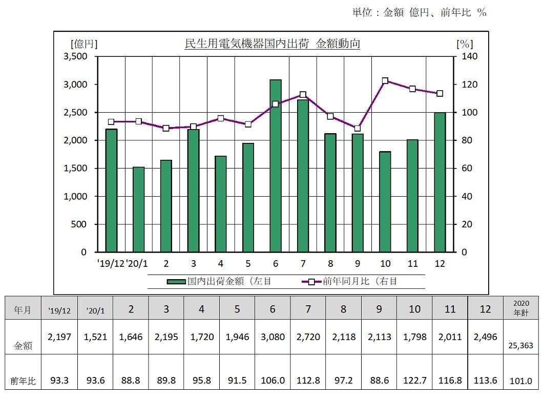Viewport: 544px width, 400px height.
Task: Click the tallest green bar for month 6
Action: [x=276, y=166]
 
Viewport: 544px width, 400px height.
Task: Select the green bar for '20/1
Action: [x=138, y=209]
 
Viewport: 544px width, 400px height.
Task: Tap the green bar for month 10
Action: [x=385, y=202]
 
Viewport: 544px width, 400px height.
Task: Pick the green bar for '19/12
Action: [x=111, y=191]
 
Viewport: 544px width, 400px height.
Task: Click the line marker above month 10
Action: [x=385, y=81]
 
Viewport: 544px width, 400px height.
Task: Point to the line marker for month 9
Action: [x=358, y=128]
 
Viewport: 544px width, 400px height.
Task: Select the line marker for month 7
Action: [x=303, y=95]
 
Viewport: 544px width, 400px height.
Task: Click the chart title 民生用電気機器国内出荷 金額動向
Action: [x=272, y=44]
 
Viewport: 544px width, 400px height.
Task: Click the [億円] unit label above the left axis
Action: [x=85, y=44]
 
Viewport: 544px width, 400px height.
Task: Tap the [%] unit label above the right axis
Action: [x=464, y=44]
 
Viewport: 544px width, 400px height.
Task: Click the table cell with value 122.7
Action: [x=414, y=381]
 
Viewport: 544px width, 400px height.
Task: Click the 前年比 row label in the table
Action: [x=23, y=381]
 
